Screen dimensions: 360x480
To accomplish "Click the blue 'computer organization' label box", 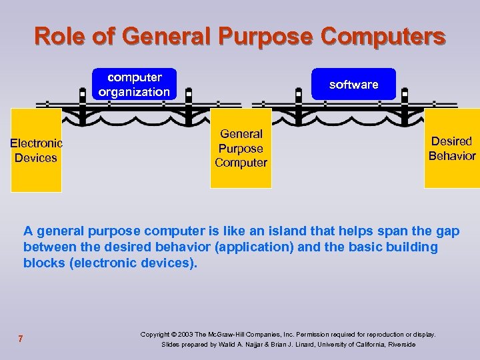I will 134,85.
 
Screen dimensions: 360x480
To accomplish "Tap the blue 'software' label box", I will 353,85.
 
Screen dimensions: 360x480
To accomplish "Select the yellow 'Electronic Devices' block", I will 35,150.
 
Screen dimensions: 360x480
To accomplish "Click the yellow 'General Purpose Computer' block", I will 241,148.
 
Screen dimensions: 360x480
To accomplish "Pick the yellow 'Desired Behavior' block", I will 451,148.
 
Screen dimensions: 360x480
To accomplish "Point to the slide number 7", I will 21,339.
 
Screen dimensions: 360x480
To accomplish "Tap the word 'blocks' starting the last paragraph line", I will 43,263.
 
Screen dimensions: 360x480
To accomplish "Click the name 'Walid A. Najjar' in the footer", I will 247,345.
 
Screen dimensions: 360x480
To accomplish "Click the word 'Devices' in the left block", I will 35,158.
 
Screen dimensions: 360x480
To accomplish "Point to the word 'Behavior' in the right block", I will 452,156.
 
